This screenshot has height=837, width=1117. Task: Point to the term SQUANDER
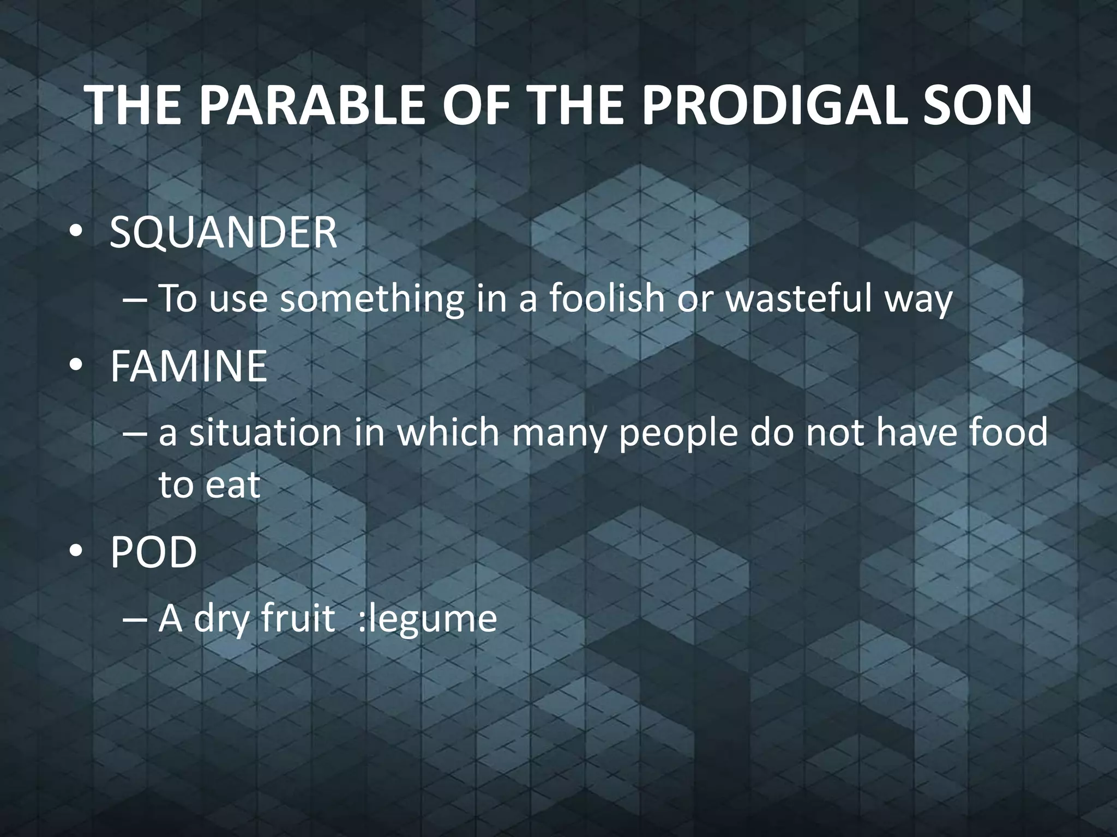(x=223, y=233)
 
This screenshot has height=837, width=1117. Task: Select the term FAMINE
(x=188, y=366)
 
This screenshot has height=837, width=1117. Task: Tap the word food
(x=1004, y=432)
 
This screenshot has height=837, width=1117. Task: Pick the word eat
(x=232, y=484)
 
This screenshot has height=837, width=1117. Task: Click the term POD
(x=153, y=552)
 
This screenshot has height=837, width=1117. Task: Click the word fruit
(x=297, y=618)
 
